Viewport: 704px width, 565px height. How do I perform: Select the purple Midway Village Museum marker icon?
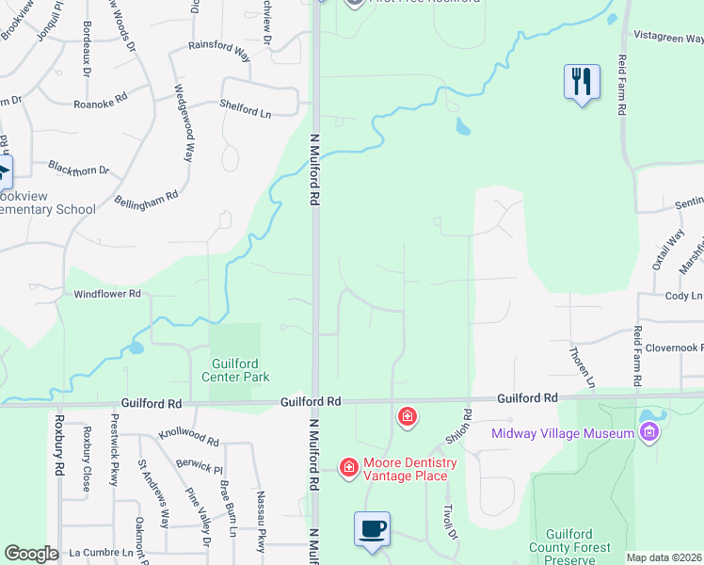click(648, 432)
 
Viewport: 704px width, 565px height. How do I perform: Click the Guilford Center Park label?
click(235, 370)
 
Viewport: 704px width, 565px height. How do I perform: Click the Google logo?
click(31, 553)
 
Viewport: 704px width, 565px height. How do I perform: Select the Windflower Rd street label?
click(107, 294)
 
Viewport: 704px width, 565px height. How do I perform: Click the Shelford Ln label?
click(245, 109)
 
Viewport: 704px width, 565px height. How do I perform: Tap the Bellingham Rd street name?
click(146, 201)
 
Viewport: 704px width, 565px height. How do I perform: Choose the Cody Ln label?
click(683, 296)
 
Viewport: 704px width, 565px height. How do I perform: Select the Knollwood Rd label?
click(188, 440)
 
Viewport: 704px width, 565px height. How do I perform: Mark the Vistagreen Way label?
click(669, 40)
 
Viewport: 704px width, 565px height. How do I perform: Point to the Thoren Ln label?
click(582, 368)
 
